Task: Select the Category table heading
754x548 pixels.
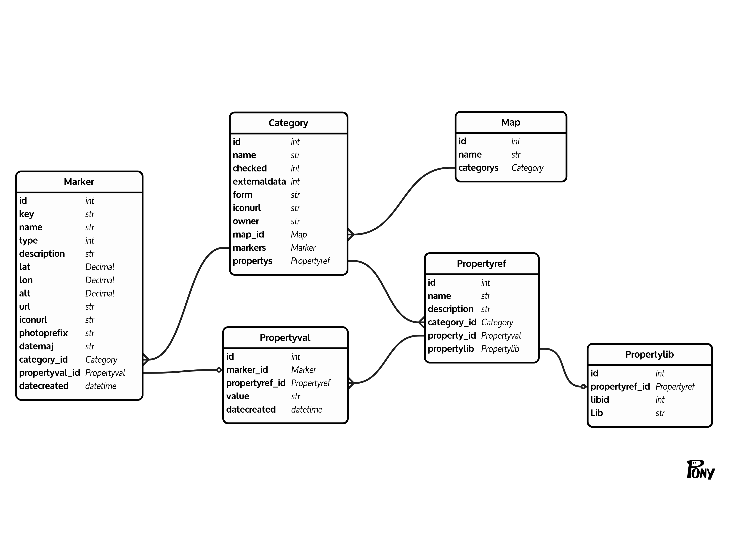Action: (288, 123)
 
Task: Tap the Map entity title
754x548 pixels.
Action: (511, 122)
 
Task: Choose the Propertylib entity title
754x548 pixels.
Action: (649, 355)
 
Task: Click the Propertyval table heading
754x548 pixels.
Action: (285, 338)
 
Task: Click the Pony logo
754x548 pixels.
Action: (701, 470)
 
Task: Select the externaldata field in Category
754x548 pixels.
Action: (259, 182)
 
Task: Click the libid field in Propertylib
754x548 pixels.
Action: (600, 400)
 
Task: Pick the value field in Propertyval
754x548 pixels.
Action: (237, 396)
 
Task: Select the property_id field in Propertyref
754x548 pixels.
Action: (451, 336)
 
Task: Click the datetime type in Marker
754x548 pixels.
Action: (101, 386)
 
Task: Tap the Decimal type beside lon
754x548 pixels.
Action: (100, 280)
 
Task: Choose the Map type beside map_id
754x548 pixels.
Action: (299, 235)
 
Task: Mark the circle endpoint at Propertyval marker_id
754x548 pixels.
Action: (219, 370)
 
